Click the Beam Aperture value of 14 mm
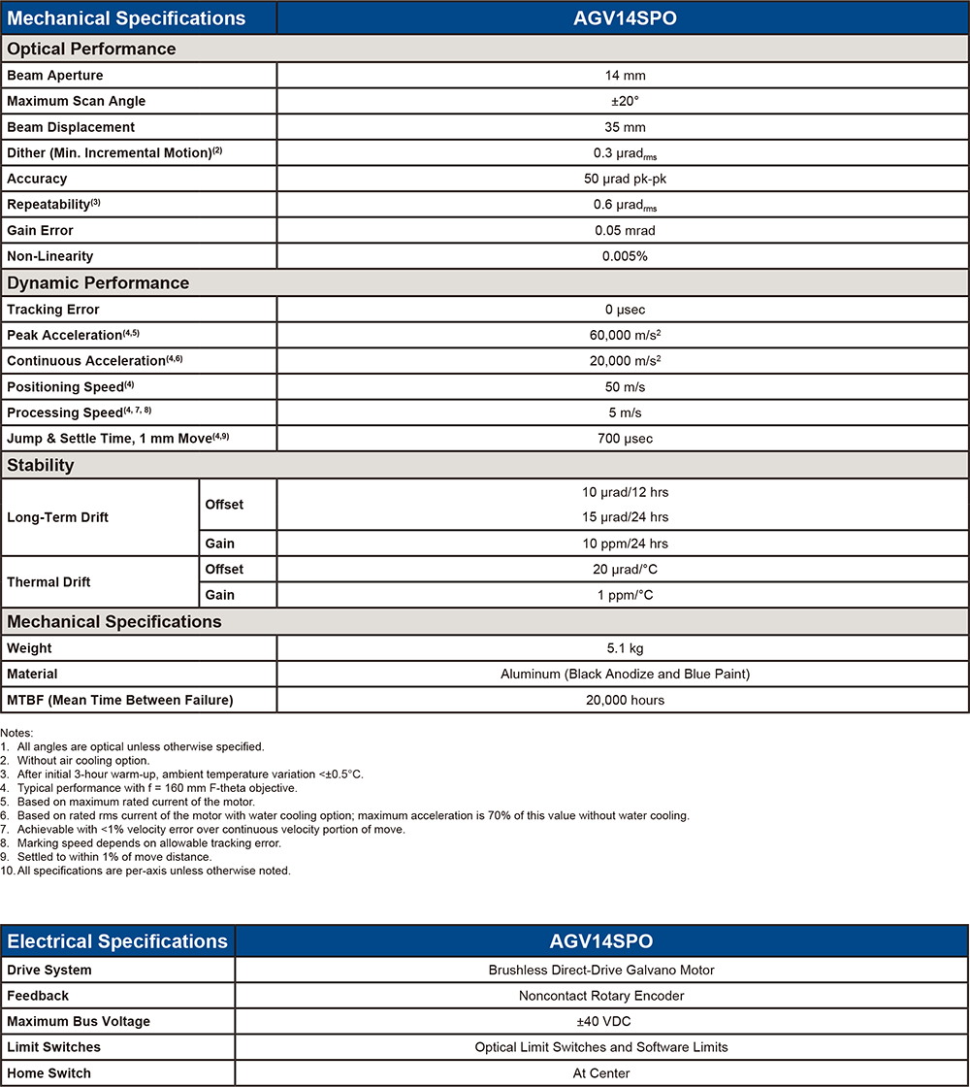(622, 76)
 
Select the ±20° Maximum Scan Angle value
(622, 101)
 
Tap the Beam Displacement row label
(71, 127)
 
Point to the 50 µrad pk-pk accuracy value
(622, 179)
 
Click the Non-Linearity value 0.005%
(622, 256)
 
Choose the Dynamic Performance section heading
(98, 283)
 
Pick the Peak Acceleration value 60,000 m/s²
(622, 335)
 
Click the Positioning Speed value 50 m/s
(622, 387)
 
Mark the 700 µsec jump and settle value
(622, 439)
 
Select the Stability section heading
(41, 466)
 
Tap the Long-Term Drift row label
(57, 517)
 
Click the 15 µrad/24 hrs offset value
(622, 517)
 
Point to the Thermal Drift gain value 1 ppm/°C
(622, 595)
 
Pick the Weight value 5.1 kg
(622, 648)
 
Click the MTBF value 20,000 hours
(622, 700)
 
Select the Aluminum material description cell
(622, 674)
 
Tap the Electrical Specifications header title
(117, 941)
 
